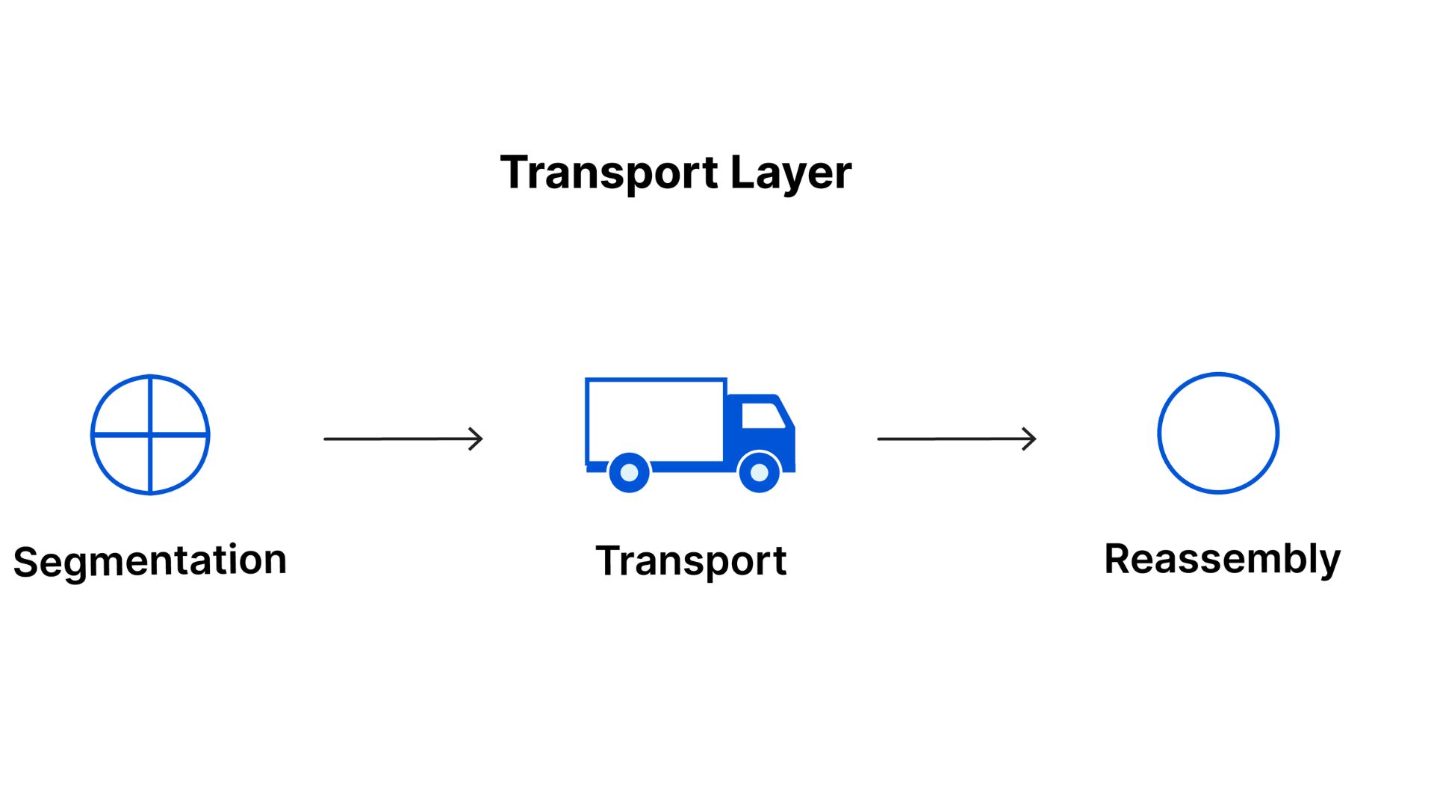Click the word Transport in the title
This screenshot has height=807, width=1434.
coord(609,173)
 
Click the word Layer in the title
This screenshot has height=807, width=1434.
coord(790,173)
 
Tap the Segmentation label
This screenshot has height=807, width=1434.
coord(150,560)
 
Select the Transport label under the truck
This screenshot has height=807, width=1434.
coord(691,560)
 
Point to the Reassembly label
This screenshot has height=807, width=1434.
coord(1223,559)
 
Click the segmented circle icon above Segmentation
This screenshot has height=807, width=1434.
coord(150,434)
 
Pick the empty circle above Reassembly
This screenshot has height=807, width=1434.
coord(1218,433)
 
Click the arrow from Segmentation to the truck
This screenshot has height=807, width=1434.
coord(403,439)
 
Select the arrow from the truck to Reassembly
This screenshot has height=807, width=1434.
coord(956,439)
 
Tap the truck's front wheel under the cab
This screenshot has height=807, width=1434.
coord(759,472)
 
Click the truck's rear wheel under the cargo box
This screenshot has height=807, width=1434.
coord(629,472)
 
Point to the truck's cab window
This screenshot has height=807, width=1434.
coord(762,415)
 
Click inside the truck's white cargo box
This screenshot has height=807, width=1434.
coord(655,421)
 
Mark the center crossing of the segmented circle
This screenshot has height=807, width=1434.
coord(150,434)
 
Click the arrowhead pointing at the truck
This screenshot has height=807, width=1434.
coord(477,439)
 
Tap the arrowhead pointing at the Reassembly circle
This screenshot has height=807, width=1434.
coord(1030,439)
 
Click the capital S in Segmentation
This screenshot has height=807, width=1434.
coord(25,562)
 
